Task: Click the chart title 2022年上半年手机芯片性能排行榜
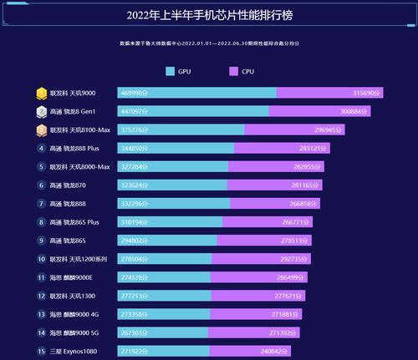(x=209, y=15)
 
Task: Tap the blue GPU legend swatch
(x=171, y=72)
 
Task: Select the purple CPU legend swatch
(x=234, y=72)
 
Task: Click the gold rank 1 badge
(x=41, y=93)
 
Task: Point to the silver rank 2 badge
(x=41, y=111)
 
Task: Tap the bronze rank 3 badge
(x=41, y=129)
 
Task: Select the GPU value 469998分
(x=134, y=93)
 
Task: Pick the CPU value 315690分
(x=361, y=93)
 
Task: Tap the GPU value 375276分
(x=134, y=129)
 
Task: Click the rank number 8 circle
(x=41, y=221)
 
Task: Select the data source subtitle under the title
(x=209, y=41)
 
